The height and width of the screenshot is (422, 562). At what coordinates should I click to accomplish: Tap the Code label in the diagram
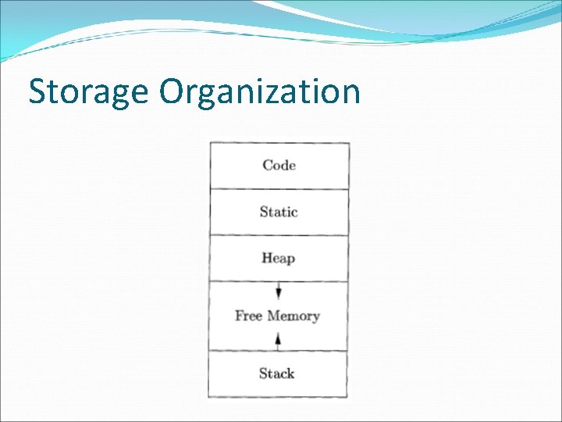pos(279,165)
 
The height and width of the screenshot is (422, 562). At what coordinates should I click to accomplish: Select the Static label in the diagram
pos(279,212)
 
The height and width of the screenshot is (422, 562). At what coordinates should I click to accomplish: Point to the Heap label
pos(279,258)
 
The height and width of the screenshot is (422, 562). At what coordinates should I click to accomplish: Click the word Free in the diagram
pos(248,316)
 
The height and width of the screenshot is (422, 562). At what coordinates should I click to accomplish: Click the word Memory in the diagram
pos(293,316)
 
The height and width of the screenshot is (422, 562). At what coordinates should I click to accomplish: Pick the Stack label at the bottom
pos(277,374)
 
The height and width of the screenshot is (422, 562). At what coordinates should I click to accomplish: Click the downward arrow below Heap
pos(279,292)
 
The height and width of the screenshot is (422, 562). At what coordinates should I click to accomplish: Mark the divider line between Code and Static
pos(279,188)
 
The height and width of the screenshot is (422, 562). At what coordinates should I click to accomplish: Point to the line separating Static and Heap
pos(279,235)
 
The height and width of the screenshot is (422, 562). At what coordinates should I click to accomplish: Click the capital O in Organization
pos(173,92)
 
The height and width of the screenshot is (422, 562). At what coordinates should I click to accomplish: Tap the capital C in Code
pos(268,165)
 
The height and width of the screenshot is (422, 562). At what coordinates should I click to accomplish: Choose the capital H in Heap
pos(267,258)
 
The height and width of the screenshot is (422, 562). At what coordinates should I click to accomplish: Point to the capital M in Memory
pos(275,316)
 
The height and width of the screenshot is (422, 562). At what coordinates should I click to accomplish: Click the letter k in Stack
pos(290,374)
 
